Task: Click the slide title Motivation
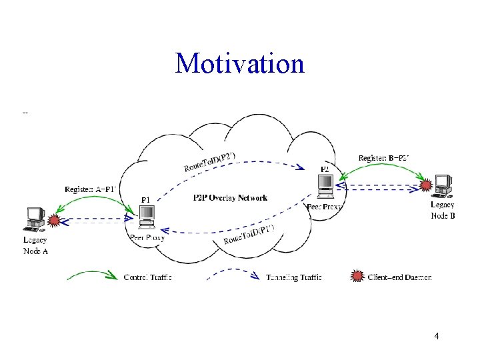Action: (x=239, y=64)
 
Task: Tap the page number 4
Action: (x=436, y=337)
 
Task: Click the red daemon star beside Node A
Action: (x=55, y=220)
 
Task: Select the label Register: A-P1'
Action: (x=91, y=189)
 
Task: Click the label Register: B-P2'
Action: (x=383, y=158)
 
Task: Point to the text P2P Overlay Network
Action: (x=230, y=198)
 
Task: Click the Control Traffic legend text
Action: (x=148, y=277)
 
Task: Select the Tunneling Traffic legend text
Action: (x=294, y=277)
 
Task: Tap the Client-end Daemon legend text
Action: (x=400, y=277)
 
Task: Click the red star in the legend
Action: (x=358, y=275)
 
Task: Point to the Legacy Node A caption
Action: (x=35, y=245)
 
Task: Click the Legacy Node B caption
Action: (x=443, y=210)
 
